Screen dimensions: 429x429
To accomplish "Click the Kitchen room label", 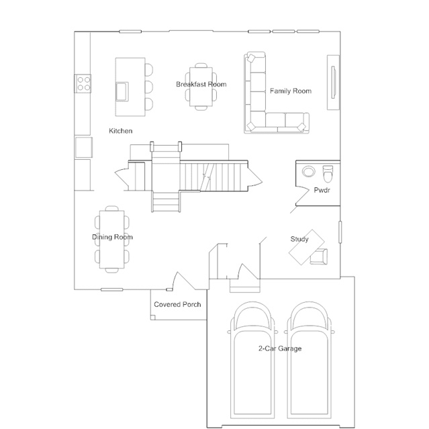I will click(121, 131).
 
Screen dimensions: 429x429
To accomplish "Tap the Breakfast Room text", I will click(201, 85).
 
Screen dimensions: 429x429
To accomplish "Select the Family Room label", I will click(290, 91).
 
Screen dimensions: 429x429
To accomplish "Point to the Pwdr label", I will click(322, 191).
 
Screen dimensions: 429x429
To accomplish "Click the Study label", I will click(299, 239).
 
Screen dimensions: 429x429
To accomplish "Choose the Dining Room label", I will click(112, 237).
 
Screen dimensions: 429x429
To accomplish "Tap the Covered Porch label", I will click(177, 305).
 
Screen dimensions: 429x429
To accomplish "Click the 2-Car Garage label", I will click(280, 348).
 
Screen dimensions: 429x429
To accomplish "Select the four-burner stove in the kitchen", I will click(83, 83).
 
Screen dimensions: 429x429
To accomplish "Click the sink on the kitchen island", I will click(124, 90).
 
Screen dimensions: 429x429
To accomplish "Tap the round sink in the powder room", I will click(309, 171).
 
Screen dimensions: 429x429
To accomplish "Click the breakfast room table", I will click(201, 86).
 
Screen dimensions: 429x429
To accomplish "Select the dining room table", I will click(112, 238).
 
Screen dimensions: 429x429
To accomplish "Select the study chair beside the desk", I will click(320, 256).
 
